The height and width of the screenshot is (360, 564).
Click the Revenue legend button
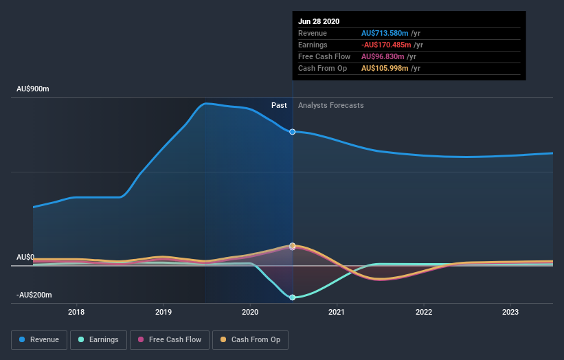[39, 339]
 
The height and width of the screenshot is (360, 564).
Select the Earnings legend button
[99, 339]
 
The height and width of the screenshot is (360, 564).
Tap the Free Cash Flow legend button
[170, 339]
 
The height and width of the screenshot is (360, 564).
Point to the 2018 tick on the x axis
[76, 312]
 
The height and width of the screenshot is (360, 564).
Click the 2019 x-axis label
[163, 312]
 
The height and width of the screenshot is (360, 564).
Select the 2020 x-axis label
[250, 312]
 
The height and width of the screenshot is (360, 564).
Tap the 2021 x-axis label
[337, 312]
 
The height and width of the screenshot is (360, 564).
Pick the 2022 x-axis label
[424, 312]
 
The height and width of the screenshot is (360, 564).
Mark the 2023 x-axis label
[510, 312]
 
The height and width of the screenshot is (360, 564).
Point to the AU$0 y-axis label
[26, 257]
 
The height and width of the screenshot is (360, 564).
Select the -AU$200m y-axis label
[34, 295]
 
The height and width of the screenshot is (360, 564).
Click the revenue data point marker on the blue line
[293, 131]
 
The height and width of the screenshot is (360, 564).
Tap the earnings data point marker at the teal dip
[293, 297]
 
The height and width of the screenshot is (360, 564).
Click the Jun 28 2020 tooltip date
[319, 21]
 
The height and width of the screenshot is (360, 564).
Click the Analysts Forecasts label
[331, 105]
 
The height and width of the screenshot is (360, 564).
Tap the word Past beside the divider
[279, 105]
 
